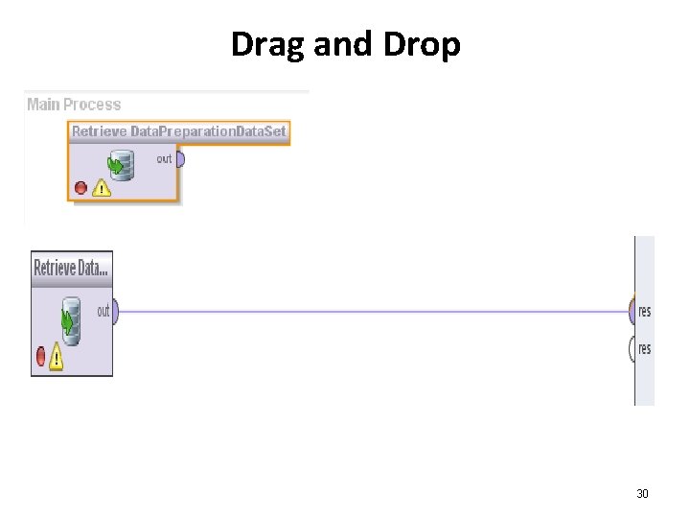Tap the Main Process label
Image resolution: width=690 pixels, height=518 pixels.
point(74,105)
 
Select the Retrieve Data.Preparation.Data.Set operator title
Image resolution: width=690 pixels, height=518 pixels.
point(179,131)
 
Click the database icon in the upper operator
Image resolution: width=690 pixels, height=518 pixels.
point(120,165)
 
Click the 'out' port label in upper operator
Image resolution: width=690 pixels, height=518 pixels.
point(164,158)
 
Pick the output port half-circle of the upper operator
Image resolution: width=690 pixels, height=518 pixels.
point(180,158)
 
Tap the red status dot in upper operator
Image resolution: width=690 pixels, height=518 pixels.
point(80,188)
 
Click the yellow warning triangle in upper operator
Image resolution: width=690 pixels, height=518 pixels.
point(101,188)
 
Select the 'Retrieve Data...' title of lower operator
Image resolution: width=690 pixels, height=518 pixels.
point(72,268)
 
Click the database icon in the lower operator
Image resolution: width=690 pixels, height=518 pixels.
point(70,320)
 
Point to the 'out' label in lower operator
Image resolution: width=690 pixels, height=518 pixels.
point(103,311)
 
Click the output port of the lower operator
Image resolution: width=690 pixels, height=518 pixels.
point(115,311)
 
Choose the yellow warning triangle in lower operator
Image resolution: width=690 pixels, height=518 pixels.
point(56,358)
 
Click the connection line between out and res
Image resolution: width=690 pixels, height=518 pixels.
point(374,312)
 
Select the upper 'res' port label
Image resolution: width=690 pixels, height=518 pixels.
point(645,312)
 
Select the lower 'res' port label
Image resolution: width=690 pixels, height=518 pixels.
point(645,349)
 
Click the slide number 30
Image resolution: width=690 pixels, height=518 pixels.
point(642,494)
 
